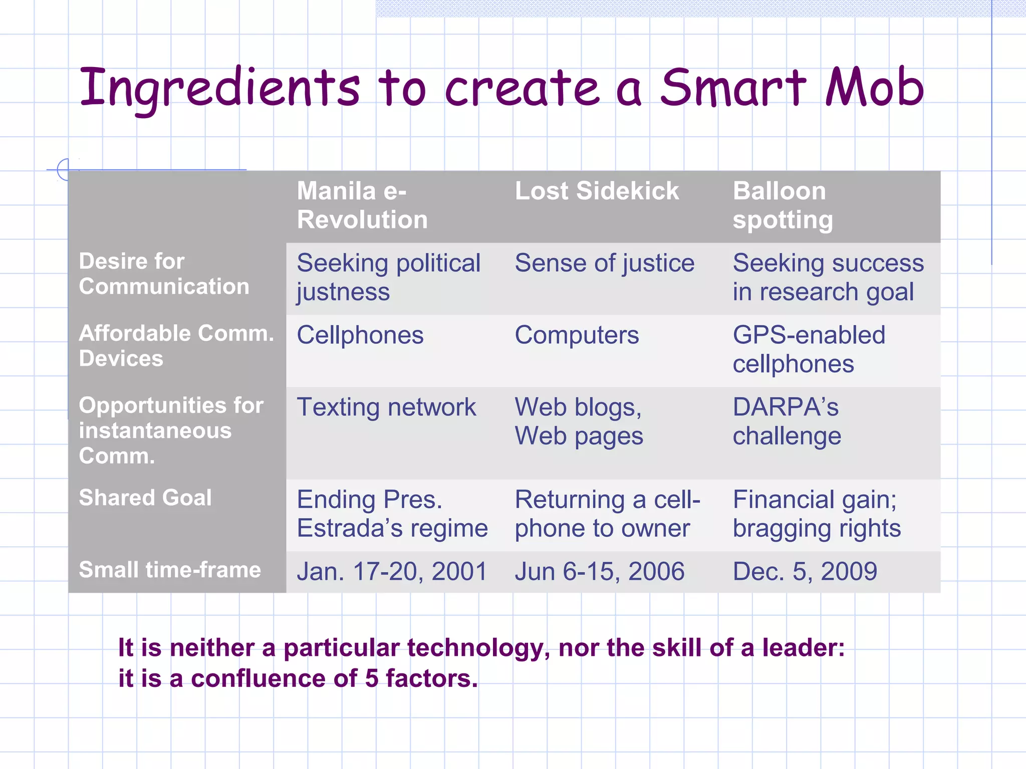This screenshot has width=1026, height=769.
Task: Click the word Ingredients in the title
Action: click(x=219, y=89)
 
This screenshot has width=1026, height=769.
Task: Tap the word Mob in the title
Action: click(x=874, y=88)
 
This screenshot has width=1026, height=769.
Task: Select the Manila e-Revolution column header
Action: click(x=362, y=205)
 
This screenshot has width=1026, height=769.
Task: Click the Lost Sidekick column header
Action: click(x=597, y=191)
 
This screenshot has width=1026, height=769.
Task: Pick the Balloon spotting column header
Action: click(x=783, y=205)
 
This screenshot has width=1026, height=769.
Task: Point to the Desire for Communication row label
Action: click(x=164, y=274)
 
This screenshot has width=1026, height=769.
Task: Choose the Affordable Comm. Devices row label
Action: click(x=176, y=346)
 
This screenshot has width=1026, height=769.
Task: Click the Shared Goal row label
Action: click(x=145, y=498)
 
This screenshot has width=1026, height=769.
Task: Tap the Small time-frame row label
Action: click(x=170, y=570)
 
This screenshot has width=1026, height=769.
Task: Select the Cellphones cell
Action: click(x=360, y=335)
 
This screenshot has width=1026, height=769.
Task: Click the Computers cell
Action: click(x=577, y=335)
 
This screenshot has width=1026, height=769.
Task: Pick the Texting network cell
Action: click(x=386, y=407)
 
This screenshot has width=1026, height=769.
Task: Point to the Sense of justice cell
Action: click(x=605, y=263)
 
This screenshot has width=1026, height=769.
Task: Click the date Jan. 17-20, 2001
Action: click(x=392, y=572)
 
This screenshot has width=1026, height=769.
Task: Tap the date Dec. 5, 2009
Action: click(x=805, y=572)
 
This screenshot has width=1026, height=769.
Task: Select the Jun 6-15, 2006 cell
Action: click(x=600, y=572)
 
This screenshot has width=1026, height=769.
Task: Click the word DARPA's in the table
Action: click(x=786, y=407)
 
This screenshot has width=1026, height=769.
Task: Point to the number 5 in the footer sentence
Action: click(x=371, y=679)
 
